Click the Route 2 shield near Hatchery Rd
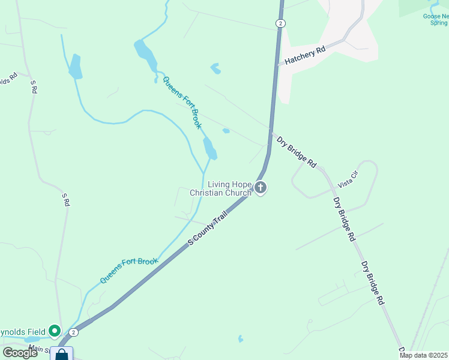coord(280,23)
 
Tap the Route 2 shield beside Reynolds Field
coord(73,332)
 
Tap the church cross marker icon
coord(261,188)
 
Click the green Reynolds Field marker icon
coord(55,331)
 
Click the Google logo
coord(19,353)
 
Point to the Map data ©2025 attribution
coord(424,356)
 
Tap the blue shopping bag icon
coord(62,355)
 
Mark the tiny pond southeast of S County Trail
coord(241,339)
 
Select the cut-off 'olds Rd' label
coord(7,80)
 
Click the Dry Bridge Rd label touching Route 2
coord(296,151)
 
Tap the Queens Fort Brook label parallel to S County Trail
coord(128,270)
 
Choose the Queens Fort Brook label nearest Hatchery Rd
coord(182,103)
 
